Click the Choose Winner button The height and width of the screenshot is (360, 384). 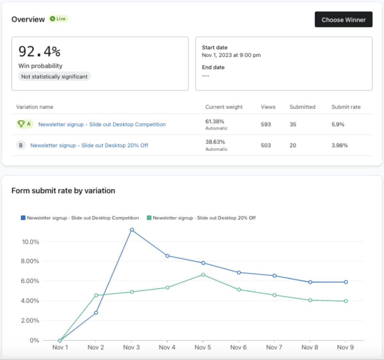click(343, 20)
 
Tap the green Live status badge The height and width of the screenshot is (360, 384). click(59, 19)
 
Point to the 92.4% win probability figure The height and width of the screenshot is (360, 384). click(39, 51)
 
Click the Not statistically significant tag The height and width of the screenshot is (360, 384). click(54, 77)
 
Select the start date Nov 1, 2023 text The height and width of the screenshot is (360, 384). click(231, 55)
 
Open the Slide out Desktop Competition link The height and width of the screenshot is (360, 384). click(102, 124)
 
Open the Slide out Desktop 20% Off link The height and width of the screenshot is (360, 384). click(89, 145)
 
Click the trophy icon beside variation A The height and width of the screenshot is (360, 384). click(21, 124)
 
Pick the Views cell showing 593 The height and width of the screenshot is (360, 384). click(266, 124)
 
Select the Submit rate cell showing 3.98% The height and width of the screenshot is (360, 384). click(340, 145)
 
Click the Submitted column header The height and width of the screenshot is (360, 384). click(302, 107)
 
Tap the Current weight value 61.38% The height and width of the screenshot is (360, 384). click(215, 121)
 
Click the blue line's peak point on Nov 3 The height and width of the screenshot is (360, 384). click(132, 230)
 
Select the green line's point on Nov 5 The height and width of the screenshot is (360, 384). click(203, 275)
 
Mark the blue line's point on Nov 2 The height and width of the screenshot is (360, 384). click(96, 313)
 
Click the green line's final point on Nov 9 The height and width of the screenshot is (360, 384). click(346, 301)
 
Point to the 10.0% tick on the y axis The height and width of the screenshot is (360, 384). click(30, 242)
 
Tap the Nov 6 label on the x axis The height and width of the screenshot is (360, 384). click(238, 347)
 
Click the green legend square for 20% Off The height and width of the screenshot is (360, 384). click(149, 218)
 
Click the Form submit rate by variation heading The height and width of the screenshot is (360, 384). click(63, 191)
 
